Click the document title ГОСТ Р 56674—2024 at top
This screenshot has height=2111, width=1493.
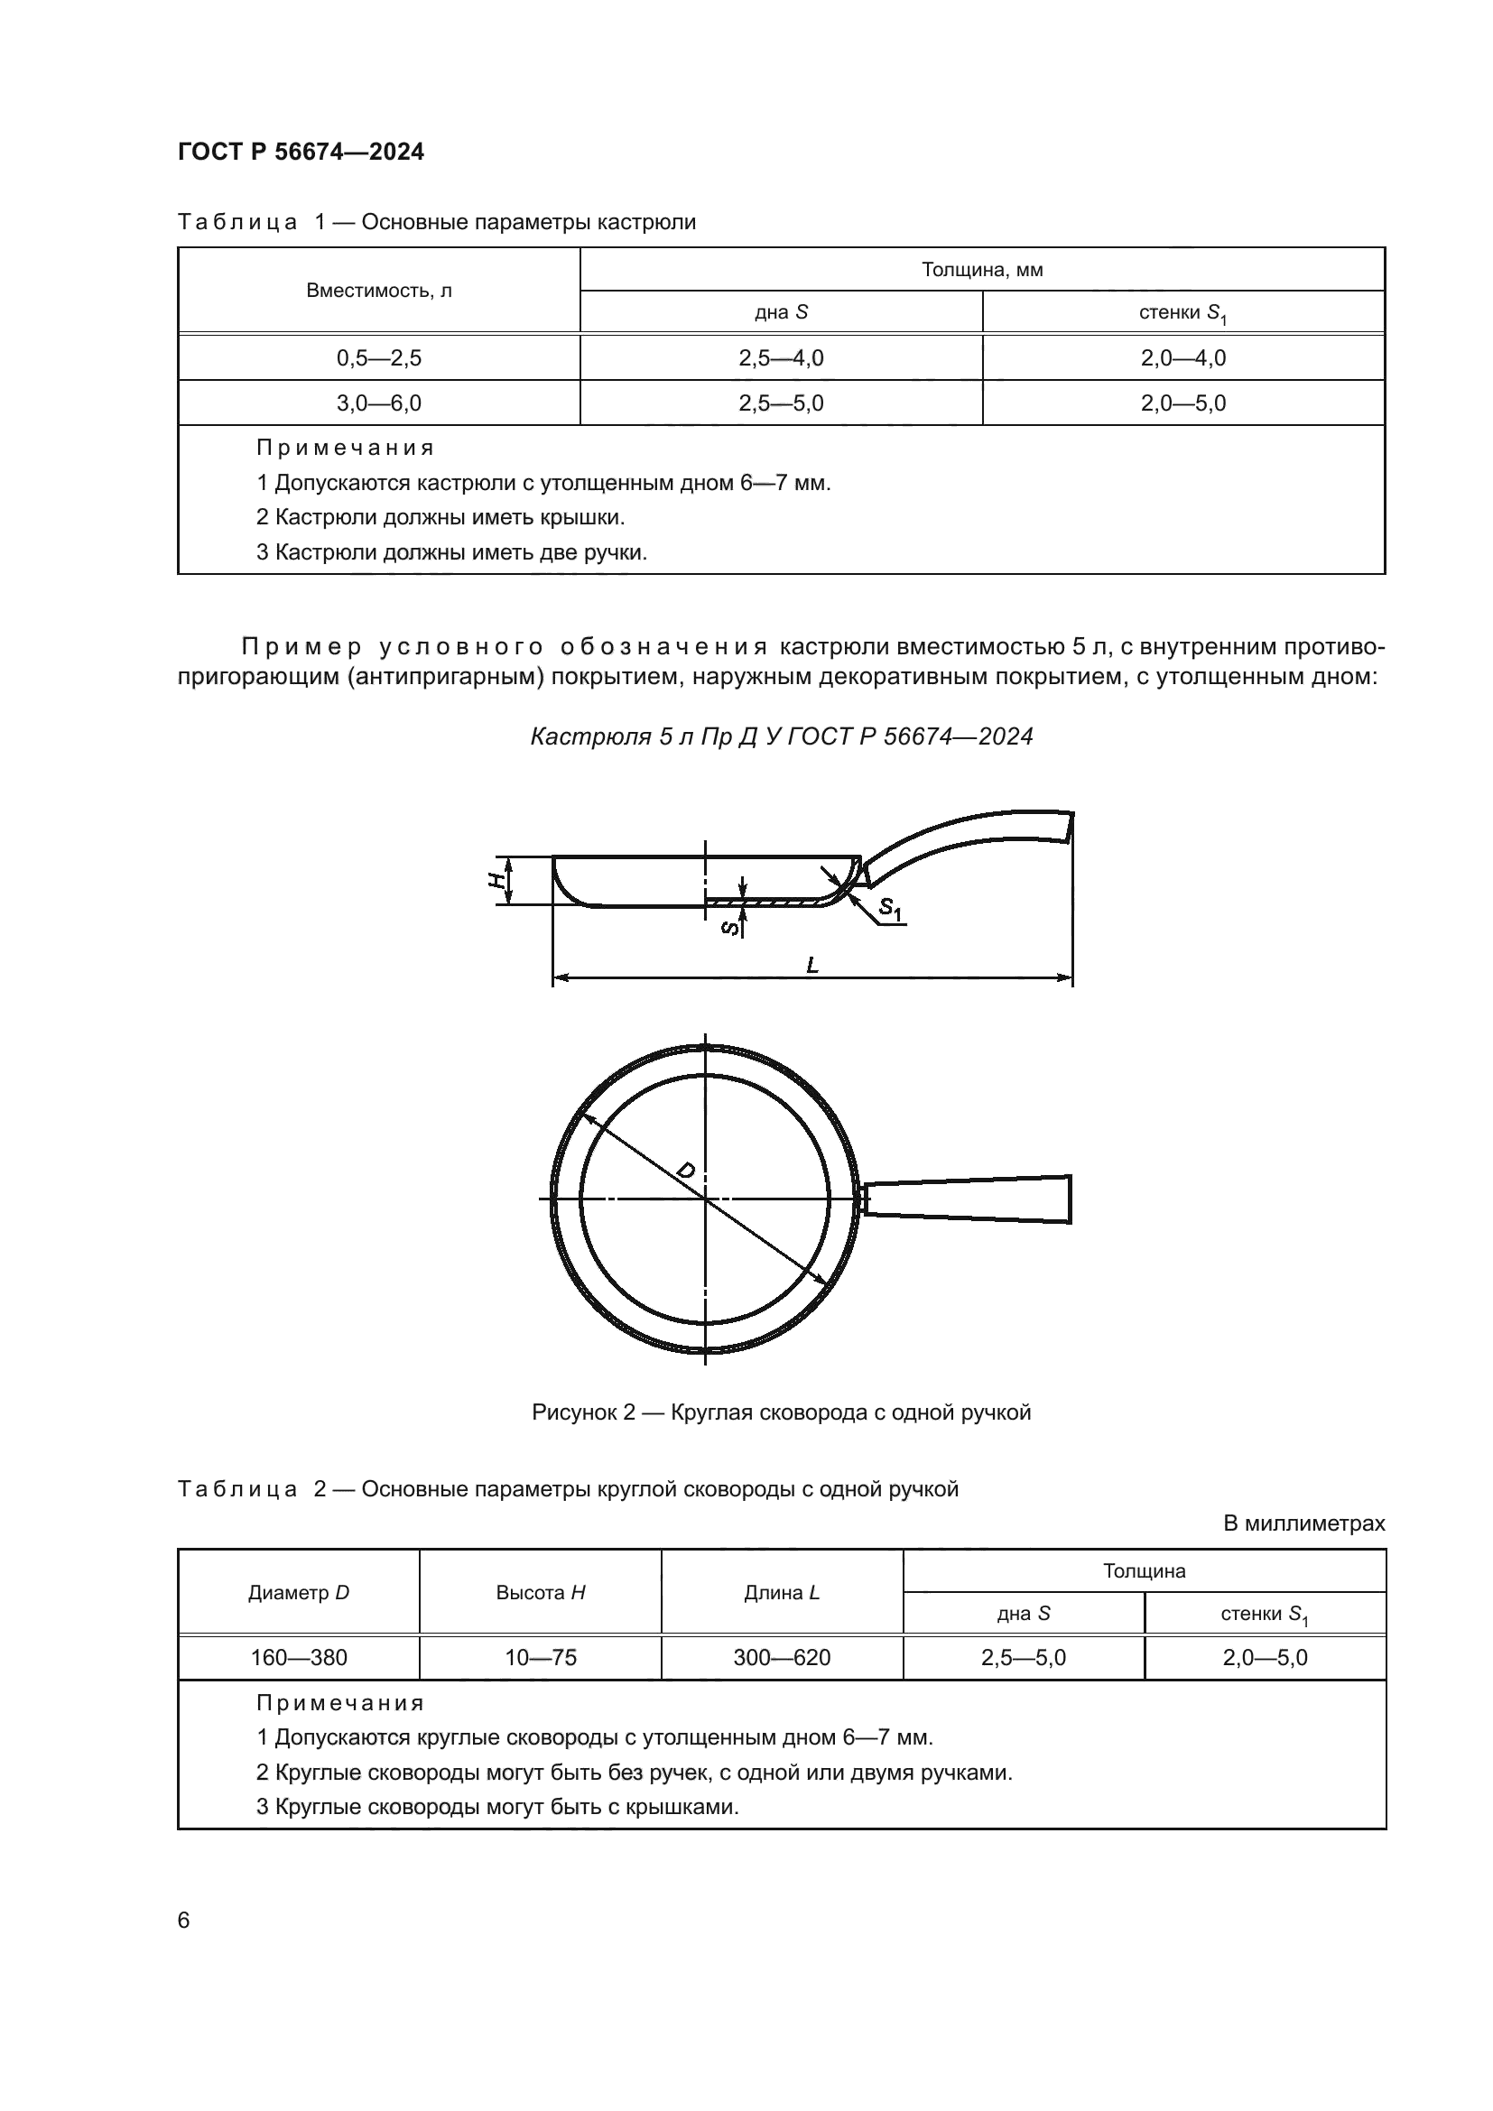pos(301,152)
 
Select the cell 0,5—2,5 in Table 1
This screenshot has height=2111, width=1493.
pos(379,357)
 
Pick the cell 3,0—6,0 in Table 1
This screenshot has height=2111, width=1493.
pos(379,403)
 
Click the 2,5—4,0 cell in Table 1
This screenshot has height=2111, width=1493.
pos(781,357)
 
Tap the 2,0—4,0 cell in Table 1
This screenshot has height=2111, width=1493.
pos(1183,357)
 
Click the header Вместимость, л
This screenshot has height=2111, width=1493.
pos(379,291)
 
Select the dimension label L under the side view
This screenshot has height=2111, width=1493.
pos(811,965)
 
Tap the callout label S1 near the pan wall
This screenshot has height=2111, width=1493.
pos(891,910)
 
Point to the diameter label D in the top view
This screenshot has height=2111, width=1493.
pos(686,1171)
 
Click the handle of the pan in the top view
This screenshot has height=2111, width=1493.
pos(969,1199)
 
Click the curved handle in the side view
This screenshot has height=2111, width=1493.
pos(975,832)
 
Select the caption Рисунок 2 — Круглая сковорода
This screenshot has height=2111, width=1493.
pos(782,1412)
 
